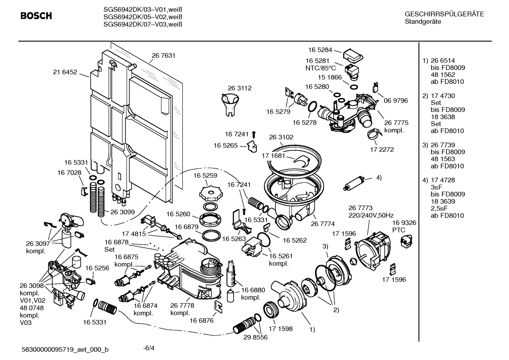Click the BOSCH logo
click(36, 16)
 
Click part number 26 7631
click(163, 55)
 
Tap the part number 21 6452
click(65, 72)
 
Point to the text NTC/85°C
click(321, 68)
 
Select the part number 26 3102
click(281, 137)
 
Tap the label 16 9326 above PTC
click(404, 223)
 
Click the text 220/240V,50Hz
click(371, 215)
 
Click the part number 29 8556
click(255, 337)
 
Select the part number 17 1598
click(281, 329)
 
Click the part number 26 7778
click(182, 306)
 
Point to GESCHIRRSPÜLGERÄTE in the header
click(444, 14)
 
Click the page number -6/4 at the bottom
click(149, 348)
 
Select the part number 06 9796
click(396, 101)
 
